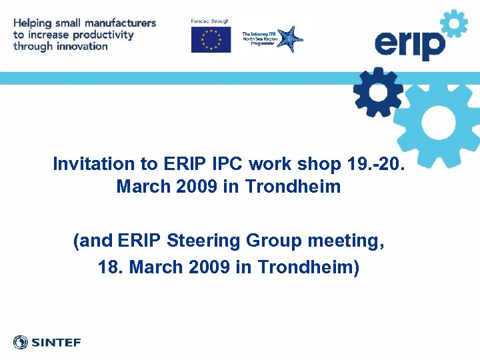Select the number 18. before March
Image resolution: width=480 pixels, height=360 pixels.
(x=111, y=267)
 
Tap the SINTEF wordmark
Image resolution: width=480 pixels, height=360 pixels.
(x=56, y=343)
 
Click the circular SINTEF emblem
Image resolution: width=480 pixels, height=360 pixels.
(x=21, y=343)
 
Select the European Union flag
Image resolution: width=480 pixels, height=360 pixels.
(x=211, y=39)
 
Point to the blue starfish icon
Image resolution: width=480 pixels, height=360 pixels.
(x=289, y=39)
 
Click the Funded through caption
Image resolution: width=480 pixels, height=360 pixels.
(x=209, y=21)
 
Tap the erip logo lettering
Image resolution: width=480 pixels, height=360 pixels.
(x=409, y=45)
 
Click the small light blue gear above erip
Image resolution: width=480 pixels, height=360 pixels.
(x=455, y=25)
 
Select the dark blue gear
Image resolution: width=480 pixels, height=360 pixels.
(x=378, y=92)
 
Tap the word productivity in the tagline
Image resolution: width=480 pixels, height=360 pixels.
(x=103, y=35)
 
